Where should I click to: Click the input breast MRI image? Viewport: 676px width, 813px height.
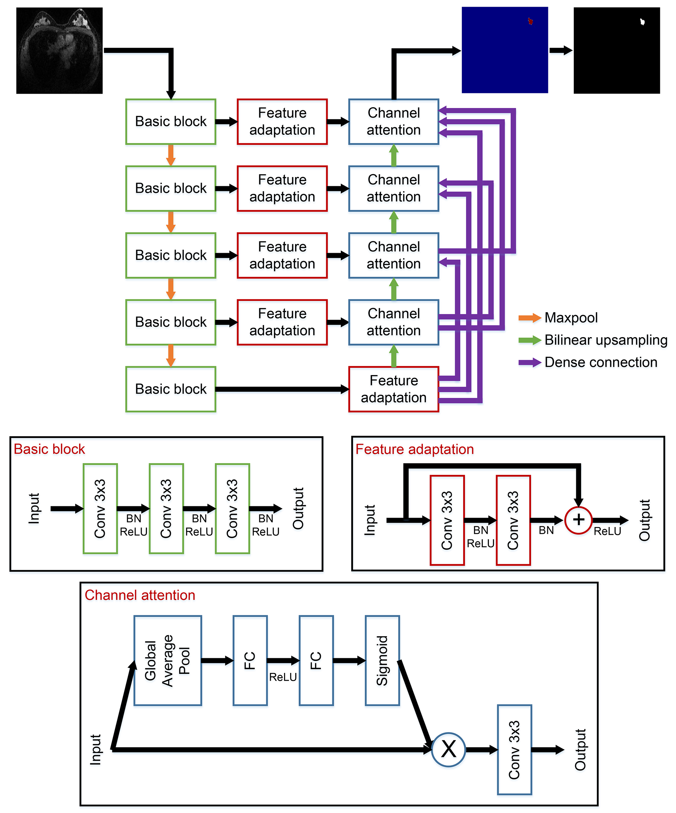[59, 50]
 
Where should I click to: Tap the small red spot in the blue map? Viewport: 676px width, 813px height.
[530, 21]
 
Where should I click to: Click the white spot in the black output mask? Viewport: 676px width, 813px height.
[642, 22]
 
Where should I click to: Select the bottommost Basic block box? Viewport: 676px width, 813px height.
[171, 389]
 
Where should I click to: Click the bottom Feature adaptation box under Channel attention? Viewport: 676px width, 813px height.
[393, 389]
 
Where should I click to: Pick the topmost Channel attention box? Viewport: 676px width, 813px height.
[393, 122]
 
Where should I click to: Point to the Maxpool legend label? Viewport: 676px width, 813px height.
[571, 318]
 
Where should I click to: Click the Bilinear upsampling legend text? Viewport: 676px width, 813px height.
[606, 340]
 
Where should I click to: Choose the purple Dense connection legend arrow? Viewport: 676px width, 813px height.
[530, 363]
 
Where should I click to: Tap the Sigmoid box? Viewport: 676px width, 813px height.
[382, 660]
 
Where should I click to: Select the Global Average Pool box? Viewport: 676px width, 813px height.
[167, 660]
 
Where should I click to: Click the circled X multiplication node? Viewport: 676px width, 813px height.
[448, 749]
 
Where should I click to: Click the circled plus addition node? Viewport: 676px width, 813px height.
[578, 520]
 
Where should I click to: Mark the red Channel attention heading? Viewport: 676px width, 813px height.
[140, 595]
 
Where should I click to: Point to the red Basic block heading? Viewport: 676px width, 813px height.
[49, 449]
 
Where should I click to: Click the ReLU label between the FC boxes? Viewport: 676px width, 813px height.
[283, 677]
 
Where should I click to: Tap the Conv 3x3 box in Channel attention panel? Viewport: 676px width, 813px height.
[514, 749]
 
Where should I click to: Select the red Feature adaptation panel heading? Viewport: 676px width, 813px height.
[415, 449]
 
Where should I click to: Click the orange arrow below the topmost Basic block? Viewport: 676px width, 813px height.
[171, 155]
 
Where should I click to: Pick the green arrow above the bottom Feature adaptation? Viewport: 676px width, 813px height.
[393, 356]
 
